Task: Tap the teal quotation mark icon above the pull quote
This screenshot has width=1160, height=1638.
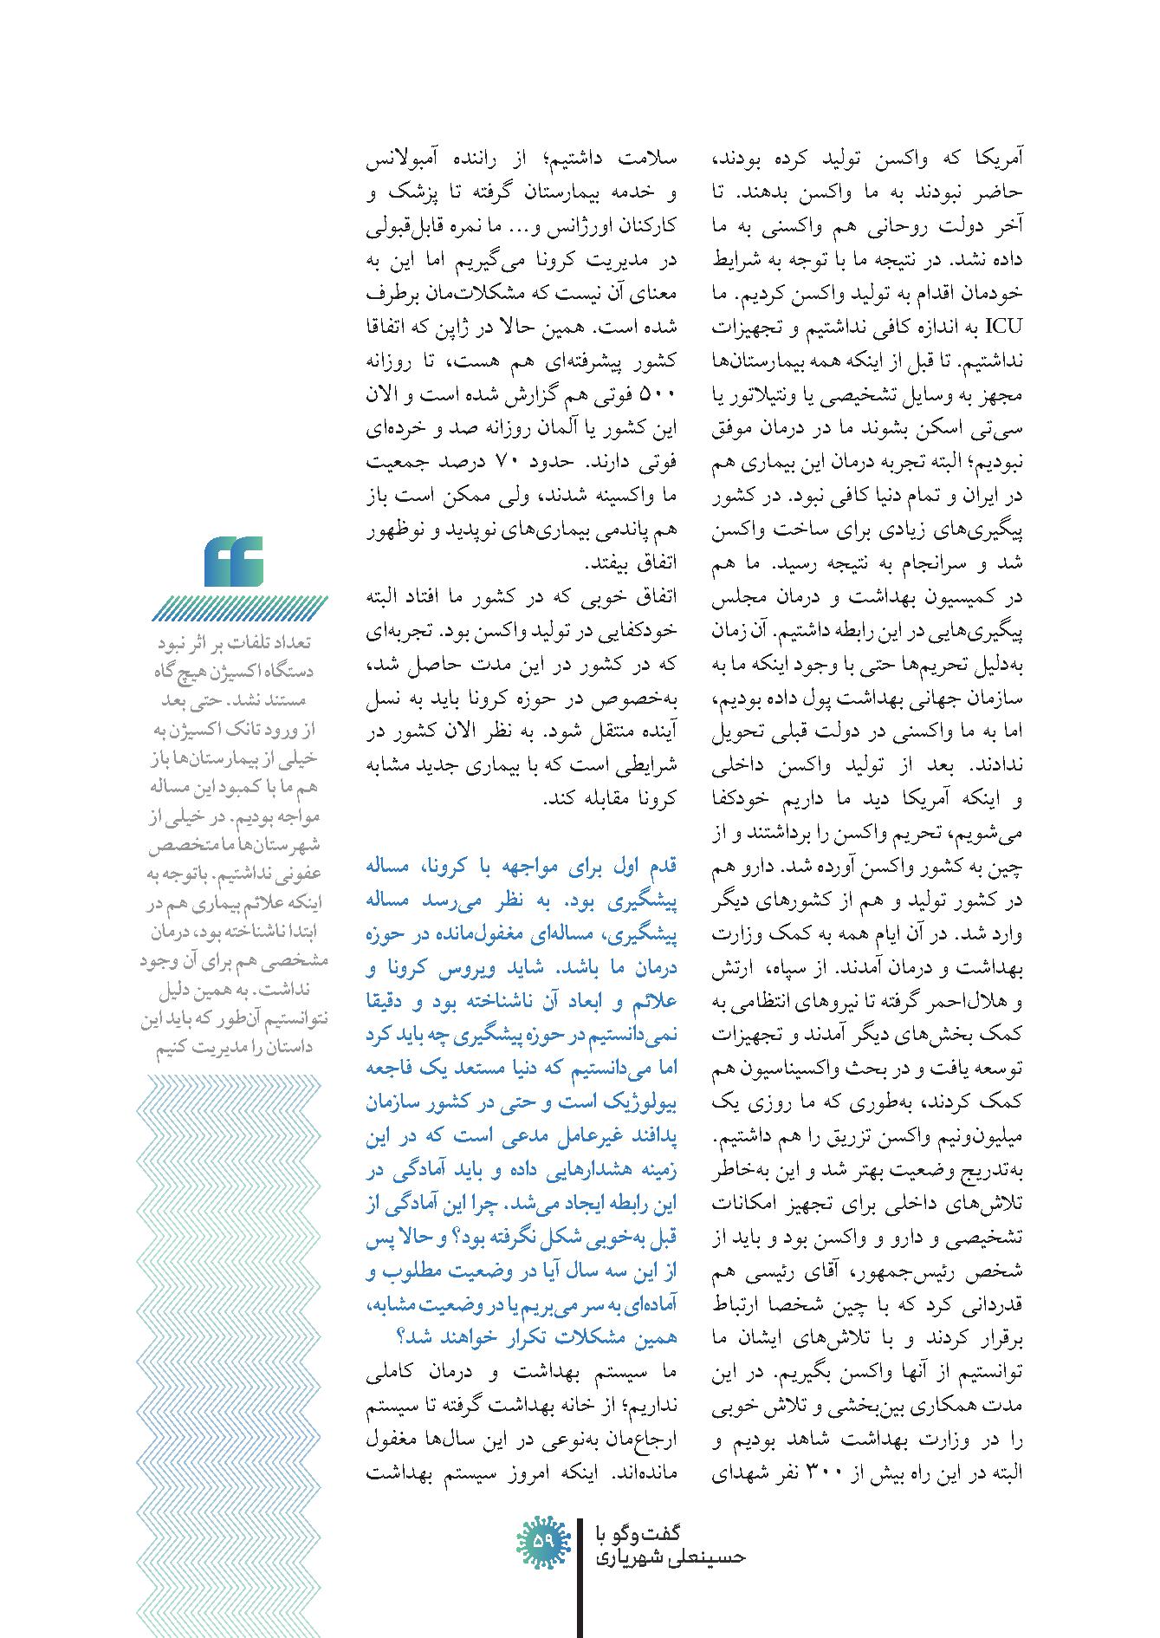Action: (234, 561)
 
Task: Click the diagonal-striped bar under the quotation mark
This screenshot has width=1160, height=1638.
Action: (241, 609)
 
